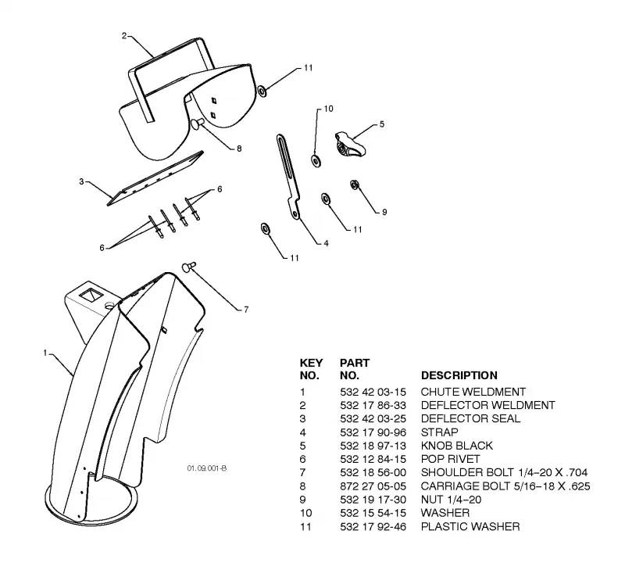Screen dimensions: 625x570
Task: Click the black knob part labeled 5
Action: (x=349, y=145)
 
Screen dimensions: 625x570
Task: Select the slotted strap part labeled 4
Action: (x=287, y=177)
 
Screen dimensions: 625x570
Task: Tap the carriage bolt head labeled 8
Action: (x=197, y=124)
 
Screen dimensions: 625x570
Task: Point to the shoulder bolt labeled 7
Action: (x=189, y=267)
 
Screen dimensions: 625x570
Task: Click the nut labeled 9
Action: (x=355, y=185)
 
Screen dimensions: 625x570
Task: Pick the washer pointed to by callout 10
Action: (x=316, y=161)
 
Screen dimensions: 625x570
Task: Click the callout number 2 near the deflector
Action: (x=124, y=36)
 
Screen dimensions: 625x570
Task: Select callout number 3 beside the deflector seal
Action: (x=81, y=181)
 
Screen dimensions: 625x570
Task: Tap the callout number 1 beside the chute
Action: (x=45, y=353)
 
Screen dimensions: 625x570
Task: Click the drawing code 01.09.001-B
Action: (x=207, y=468)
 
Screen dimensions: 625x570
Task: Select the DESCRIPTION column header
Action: (x=459, y=375)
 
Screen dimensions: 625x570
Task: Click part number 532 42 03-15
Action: (x=373, y=392)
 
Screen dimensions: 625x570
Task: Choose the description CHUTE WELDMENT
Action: (x=473, y=392)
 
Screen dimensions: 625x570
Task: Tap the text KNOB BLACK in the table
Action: (x=457, y=446)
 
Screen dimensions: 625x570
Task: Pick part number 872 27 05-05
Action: (x=373, y=486)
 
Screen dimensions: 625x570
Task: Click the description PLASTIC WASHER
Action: (x=470, y=526)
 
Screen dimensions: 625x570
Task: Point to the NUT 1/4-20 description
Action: (x=451, y=500)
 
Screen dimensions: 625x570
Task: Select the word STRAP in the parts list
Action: (x=439, y=432)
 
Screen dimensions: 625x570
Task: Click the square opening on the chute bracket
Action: (x=91, y=296)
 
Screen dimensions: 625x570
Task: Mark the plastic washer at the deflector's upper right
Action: (x=262, y=91)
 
